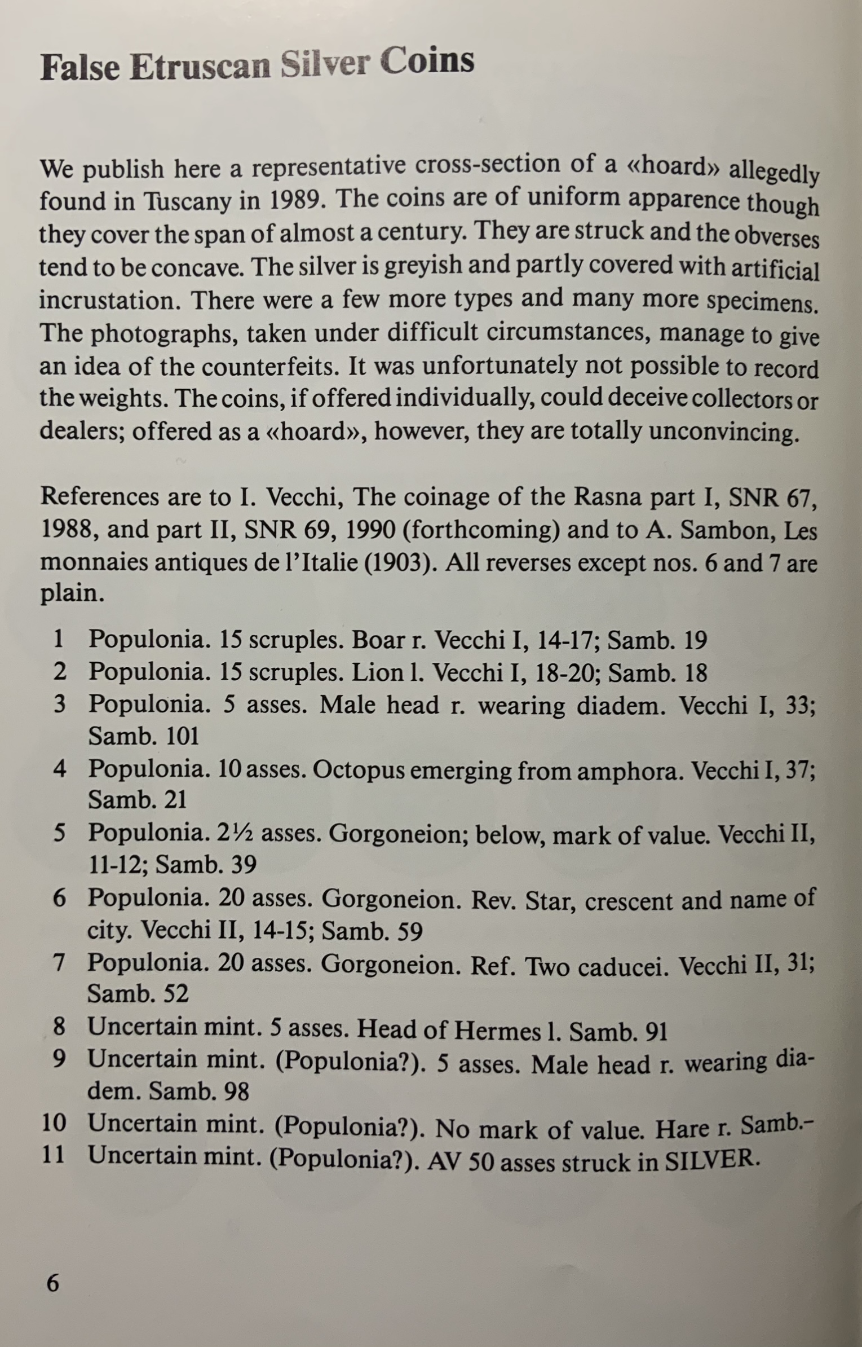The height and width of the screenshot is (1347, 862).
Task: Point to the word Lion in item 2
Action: pyautogui.click(x=375, y=672)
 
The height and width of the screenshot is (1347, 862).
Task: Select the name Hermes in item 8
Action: pyautogui.click(x=497, y=1031)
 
